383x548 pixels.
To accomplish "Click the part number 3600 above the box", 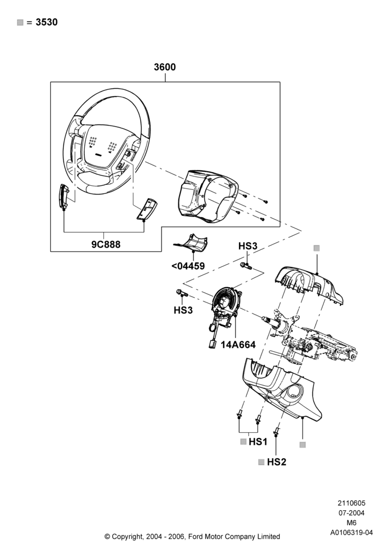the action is (x=165, y=67).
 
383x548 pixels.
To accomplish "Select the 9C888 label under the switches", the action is (x=106, y=244).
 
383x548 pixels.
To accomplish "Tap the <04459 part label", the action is (x=188, y=266).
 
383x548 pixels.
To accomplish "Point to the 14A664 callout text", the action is (x=238, y=345).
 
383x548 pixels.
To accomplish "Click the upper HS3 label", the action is (x=248, y=246).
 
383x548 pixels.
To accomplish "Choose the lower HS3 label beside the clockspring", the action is (x=183, y=310).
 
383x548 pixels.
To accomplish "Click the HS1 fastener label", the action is (x=258, y=442).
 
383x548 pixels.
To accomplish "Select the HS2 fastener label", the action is (x=276, y=462).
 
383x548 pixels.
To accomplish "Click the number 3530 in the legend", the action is (x=47, y=22).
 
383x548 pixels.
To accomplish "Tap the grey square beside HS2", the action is (x=262, y=462).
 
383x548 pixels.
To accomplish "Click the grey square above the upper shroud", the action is (x=316, y=248).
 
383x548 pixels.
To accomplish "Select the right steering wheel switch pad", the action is (x=147, y=209).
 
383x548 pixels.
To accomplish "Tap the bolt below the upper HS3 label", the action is (x=246, y=266).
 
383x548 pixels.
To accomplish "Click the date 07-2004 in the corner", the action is (x=351, y=513).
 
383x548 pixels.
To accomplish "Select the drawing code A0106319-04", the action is (x=351, y=533).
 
